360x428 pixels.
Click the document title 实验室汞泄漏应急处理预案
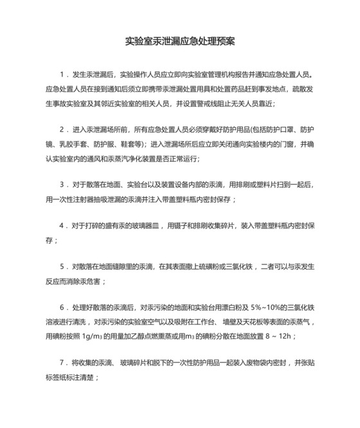(x=180, y=41)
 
